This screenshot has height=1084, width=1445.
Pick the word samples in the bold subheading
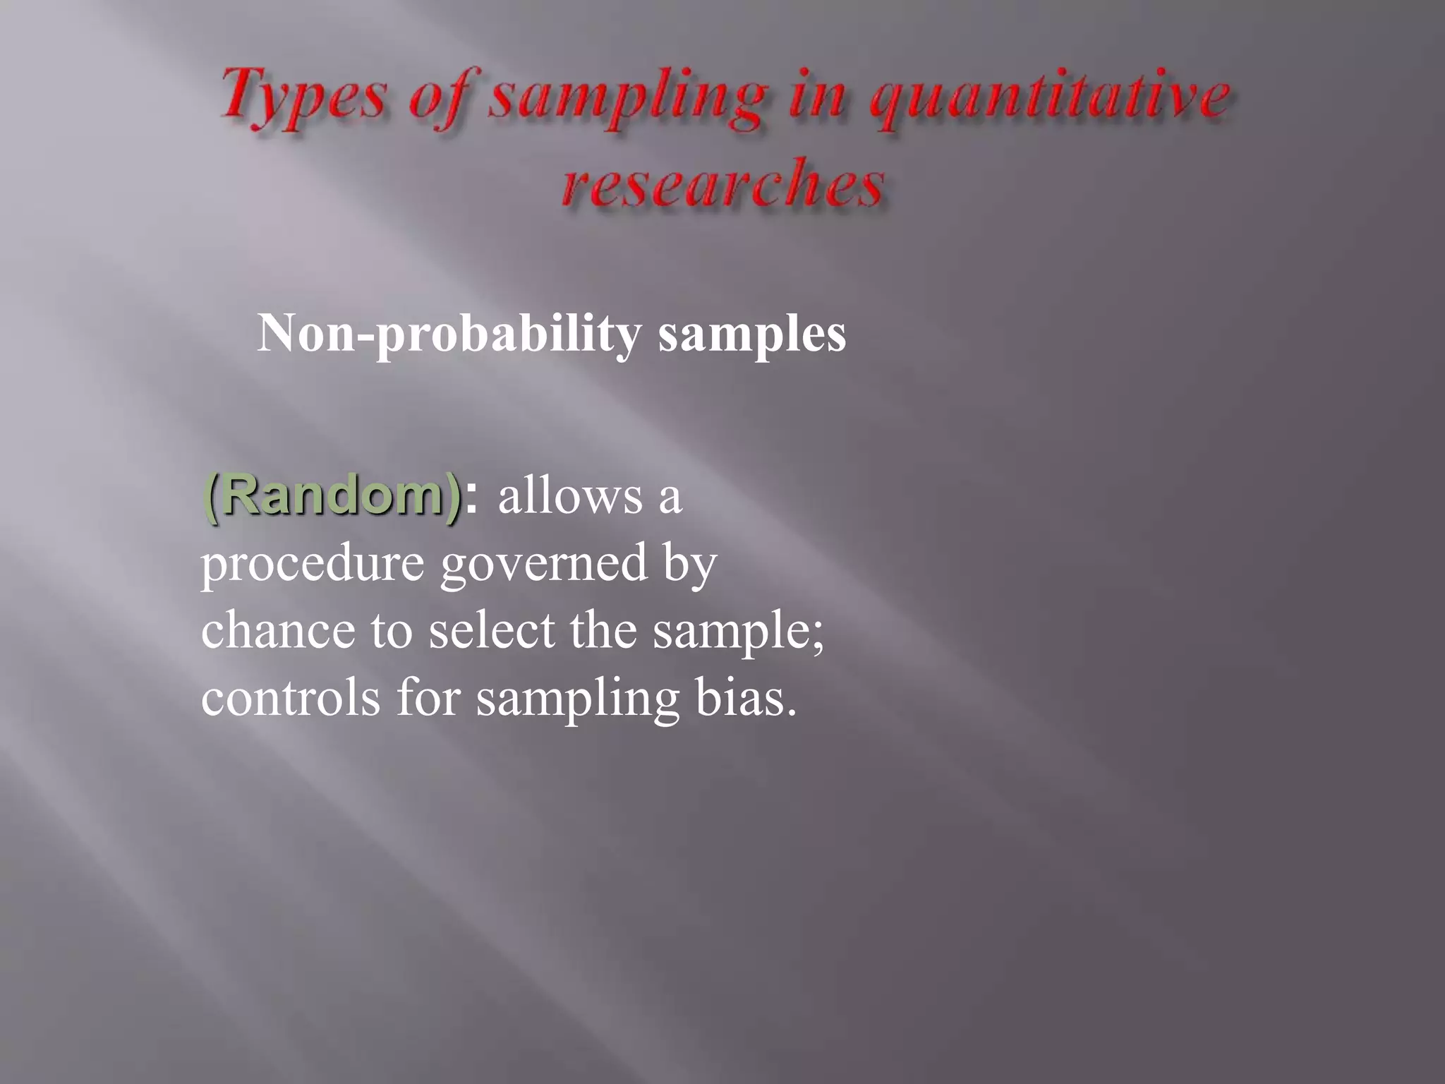coord(752,333)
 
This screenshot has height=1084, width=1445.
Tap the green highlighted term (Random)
coord(332,496)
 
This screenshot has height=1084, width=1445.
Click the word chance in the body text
coord(278,630)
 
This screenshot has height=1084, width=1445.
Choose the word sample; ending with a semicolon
coord(738,631)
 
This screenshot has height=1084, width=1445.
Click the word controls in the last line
coord(290,697)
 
